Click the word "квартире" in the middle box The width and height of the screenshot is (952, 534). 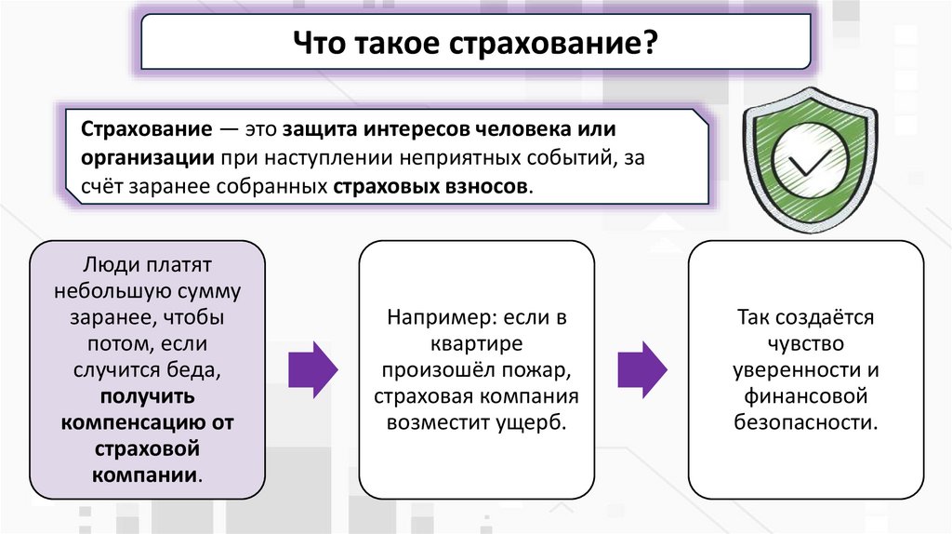pos(477,343)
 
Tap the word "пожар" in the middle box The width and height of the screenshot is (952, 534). pos(535,370)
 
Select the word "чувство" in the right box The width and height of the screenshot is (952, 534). pos(806,343)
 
